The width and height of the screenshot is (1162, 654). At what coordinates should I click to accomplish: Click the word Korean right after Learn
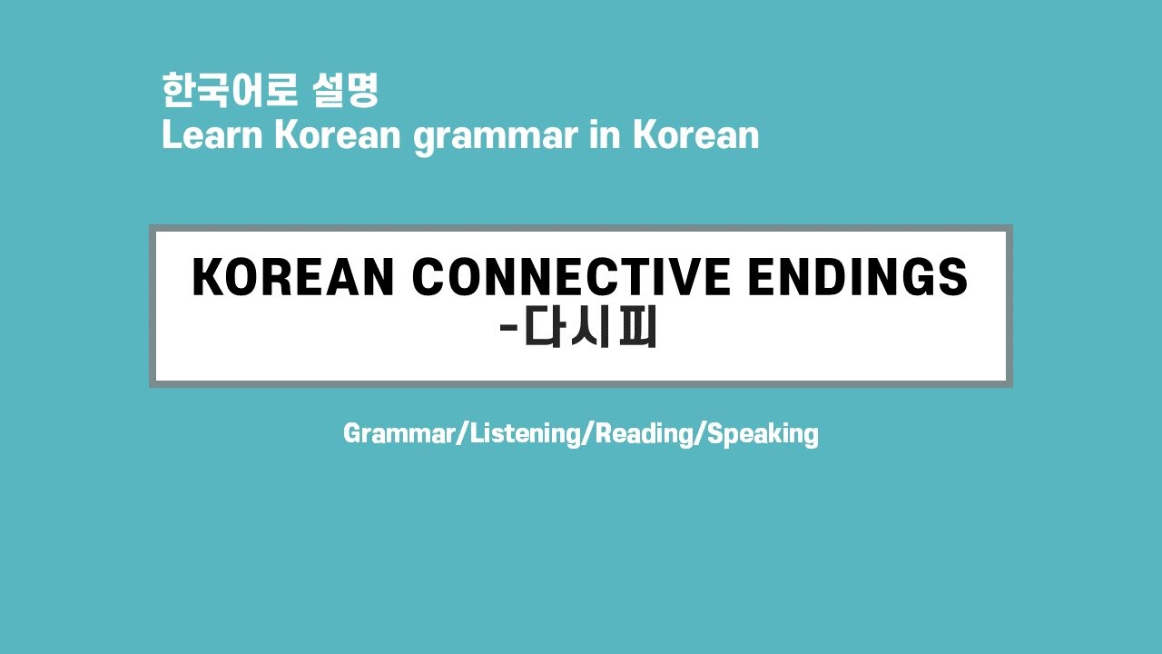(x=337, y=135)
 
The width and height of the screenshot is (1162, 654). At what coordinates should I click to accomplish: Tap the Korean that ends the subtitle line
(x=695, y=135)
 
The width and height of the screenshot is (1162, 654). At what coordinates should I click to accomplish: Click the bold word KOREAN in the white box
(x=292, y=278)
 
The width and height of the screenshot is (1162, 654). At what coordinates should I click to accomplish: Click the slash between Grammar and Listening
(x=464, y=434)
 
